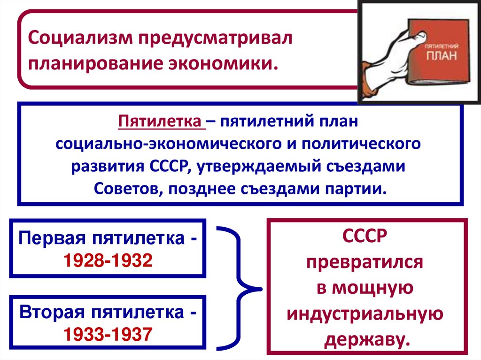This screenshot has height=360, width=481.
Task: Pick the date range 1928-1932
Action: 108,259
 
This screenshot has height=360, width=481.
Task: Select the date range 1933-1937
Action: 108,334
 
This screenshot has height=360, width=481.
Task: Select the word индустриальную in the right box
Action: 365,314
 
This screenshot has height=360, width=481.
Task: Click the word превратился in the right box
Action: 365,262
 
